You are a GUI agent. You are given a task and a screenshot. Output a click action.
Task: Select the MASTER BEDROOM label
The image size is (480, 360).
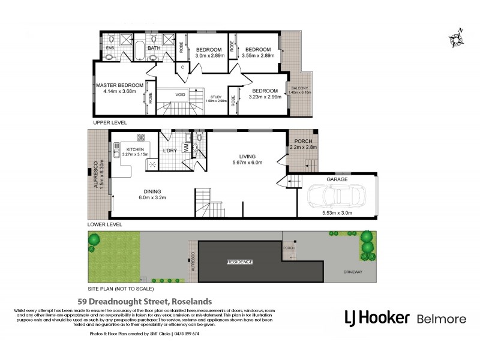(x=119, y=86)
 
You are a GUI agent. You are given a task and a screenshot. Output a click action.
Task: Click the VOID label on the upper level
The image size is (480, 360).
(x=180, y=94)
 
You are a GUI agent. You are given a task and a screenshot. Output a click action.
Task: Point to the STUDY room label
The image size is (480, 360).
(x=216, y=97)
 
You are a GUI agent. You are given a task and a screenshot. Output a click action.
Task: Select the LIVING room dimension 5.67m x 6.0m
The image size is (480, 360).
(x=247, y=162)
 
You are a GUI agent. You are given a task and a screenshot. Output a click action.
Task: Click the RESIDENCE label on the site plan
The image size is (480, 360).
(x=239, y=262)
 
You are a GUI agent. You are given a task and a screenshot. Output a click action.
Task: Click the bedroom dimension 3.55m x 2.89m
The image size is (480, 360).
(x=257, y=55)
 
